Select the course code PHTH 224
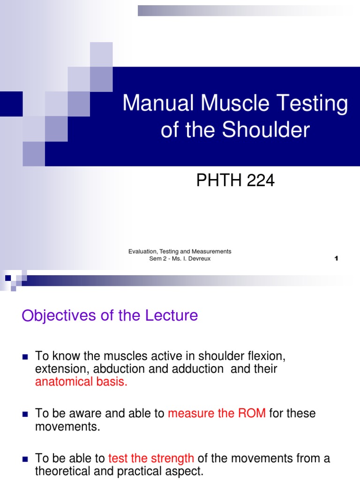tap(235, 180)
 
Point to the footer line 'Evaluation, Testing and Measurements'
tap(180, 252)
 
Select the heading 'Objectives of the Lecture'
tap(110, 315)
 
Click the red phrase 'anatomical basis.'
tap(81, 382)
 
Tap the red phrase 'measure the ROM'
tap(217, 413)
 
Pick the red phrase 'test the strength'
tap(151, 458)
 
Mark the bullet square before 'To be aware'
tap(26, 414)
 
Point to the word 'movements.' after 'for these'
tap(68, 427)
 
